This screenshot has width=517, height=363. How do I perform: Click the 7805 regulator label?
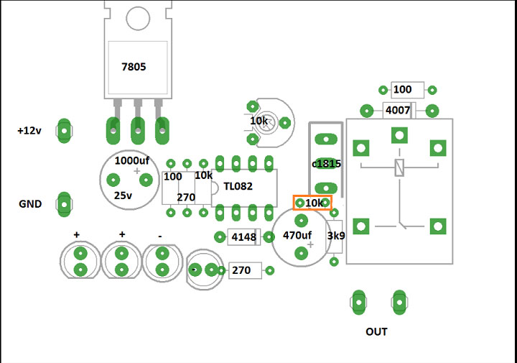click(x=134, y=67)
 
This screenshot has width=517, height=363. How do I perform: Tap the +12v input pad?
click(x=65, y=131)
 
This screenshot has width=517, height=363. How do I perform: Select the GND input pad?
click(x=65, y=205)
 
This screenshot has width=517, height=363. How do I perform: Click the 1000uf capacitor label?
click(x=133, y=161)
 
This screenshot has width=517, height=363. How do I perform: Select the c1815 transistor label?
click(x=326, y=164)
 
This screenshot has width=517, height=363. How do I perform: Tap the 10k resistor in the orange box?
click(x=313, y=203)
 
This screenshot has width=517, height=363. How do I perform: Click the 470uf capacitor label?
click(x=297, y=235)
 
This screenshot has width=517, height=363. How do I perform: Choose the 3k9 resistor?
click(x=335, y=236)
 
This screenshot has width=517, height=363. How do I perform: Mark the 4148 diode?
click(x=244, y=237)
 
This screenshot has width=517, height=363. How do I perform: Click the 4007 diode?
click(x=398, y=111)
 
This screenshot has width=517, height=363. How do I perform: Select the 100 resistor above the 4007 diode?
click(x=403, y=90)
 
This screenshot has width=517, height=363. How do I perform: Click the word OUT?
click(x=376, y=331)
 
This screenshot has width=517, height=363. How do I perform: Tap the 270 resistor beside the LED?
click(x=241, y=270)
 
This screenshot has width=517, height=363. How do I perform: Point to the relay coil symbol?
click(x=399, y=167)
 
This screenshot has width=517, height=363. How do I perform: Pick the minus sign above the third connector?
click(x=159, y=235)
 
